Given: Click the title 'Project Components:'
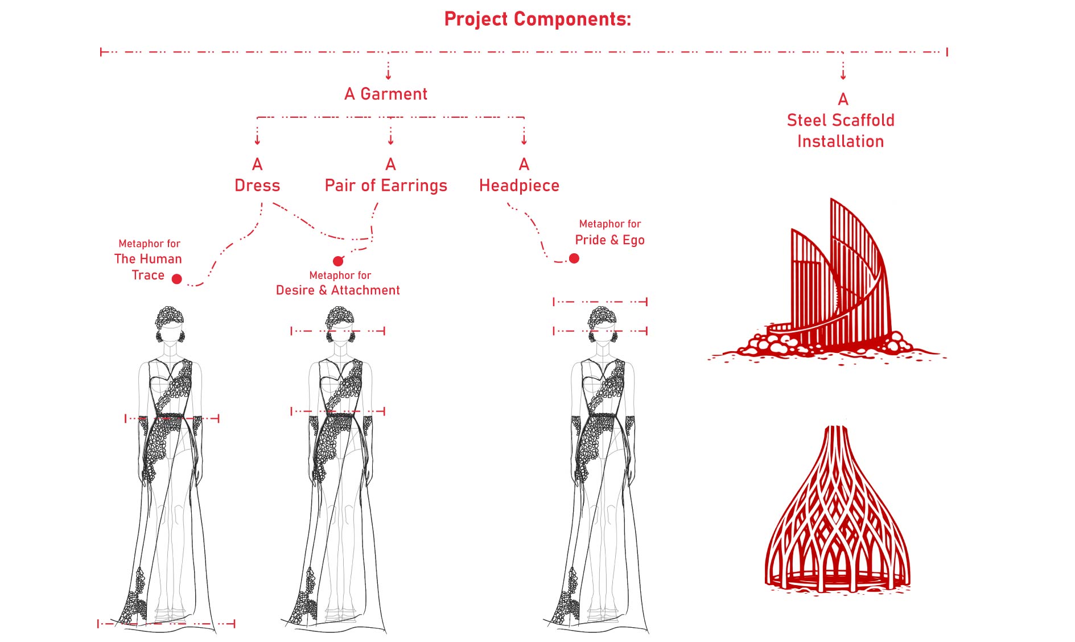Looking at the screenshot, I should tap(537, 19).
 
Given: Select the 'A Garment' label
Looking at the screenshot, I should tap(386, 94).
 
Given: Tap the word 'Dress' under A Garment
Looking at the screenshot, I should tap(257, 186).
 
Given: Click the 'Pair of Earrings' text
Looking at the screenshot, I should tap(386, 186).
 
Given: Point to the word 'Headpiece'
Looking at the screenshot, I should tap(519, 186).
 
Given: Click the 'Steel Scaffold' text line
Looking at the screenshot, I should tap(841, 121).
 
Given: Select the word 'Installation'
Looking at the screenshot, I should tap(841, 142).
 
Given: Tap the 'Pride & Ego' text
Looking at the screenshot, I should tap(609, 240).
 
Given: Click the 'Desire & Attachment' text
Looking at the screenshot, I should tap(338, 290).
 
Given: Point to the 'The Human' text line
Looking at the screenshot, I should tap(148, 259).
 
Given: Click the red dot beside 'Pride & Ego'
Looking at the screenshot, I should tap(574, 258).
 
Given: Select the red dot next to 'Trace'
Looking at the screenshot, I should tap(177, 279).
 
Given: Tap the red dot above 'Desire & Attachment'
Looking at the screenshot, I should tap(338, 261).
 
